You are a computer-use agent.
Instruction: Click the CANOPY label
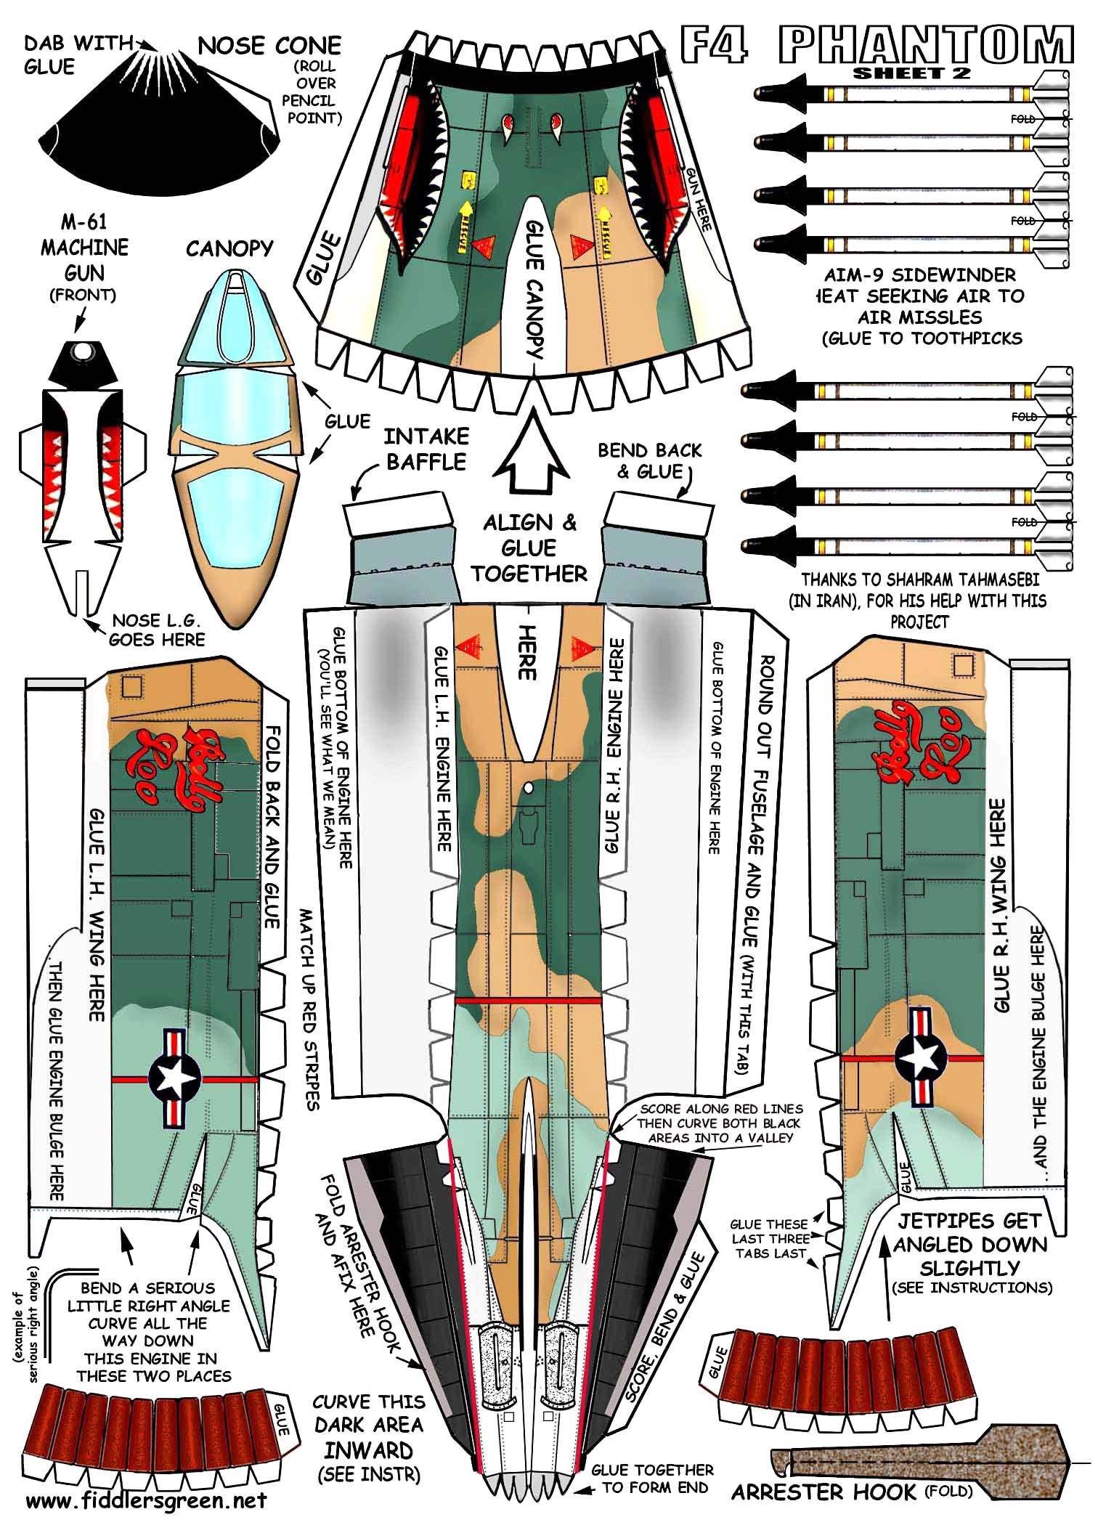[229, 249]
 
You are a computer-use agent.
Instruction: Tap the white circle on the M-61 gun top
[84, 351]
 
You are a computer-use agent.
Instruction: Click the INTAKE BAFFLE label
[426, 449]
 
